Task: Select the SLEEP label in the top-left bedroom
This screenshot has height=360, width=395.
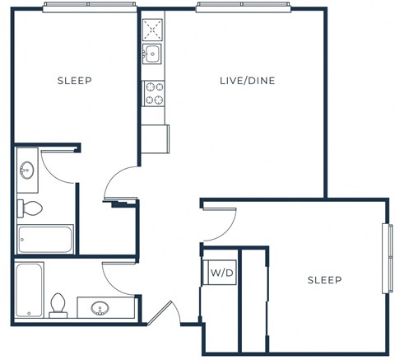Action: tap(74, 81)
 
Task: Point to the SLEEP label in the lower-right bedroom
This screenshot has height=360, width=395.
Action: tap(324, 280)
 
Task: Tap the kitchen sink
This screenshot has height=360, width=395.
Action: tap(152, 54)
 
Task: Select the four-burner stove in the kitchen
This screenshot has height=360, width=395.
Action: tap(153, 93)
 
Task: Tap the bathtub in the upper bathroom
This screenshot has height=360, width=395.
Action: tap(45, 239)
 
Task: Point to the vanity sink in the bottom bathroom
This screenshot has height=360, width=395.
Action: tap(100, 309)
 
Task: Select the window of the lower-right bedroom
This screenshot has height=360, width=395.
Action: tap(385, 257)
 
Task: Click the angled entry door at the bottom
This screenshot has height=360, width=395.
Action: tap(165, 313)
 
